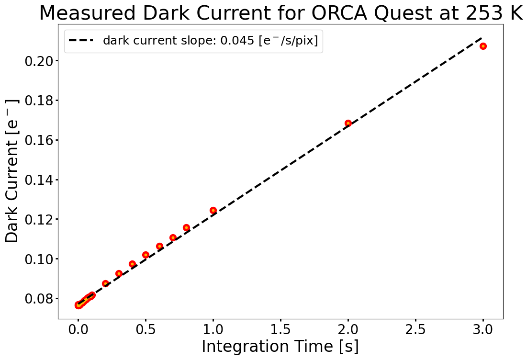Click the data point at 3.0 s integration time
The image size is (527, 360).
[x=483, y=46]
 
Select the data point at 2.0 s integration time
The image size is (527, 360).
[x=348, y=124]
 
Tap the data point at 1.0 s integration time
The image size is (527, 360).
[x=213, y=211]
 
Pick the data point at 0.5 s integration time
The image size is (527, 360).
[x=146, y=255]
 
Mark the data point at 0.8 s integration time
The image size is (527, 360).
[x=186, y=227]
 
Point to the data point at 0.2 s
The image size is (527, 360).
[x=105, y=284]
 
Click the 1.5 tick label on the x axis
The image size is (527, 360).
[x=280, y=329]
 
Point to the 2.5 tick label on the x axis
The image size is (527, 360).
[x=415, y=329]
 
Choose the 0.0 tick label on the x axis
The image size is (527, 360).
[x=78, y=329]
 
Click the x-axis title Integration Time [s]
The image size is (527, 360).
[x=280, y=347]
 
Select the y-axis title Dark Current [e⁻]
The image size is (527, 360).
[x=12, y=171]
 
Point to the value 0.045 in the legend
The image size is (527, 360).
[x=237, y=41]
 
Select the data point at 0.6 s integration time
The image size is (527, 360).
[x=159, y=247]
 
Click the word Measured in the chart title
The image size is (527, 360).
[x=88, y=13]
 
